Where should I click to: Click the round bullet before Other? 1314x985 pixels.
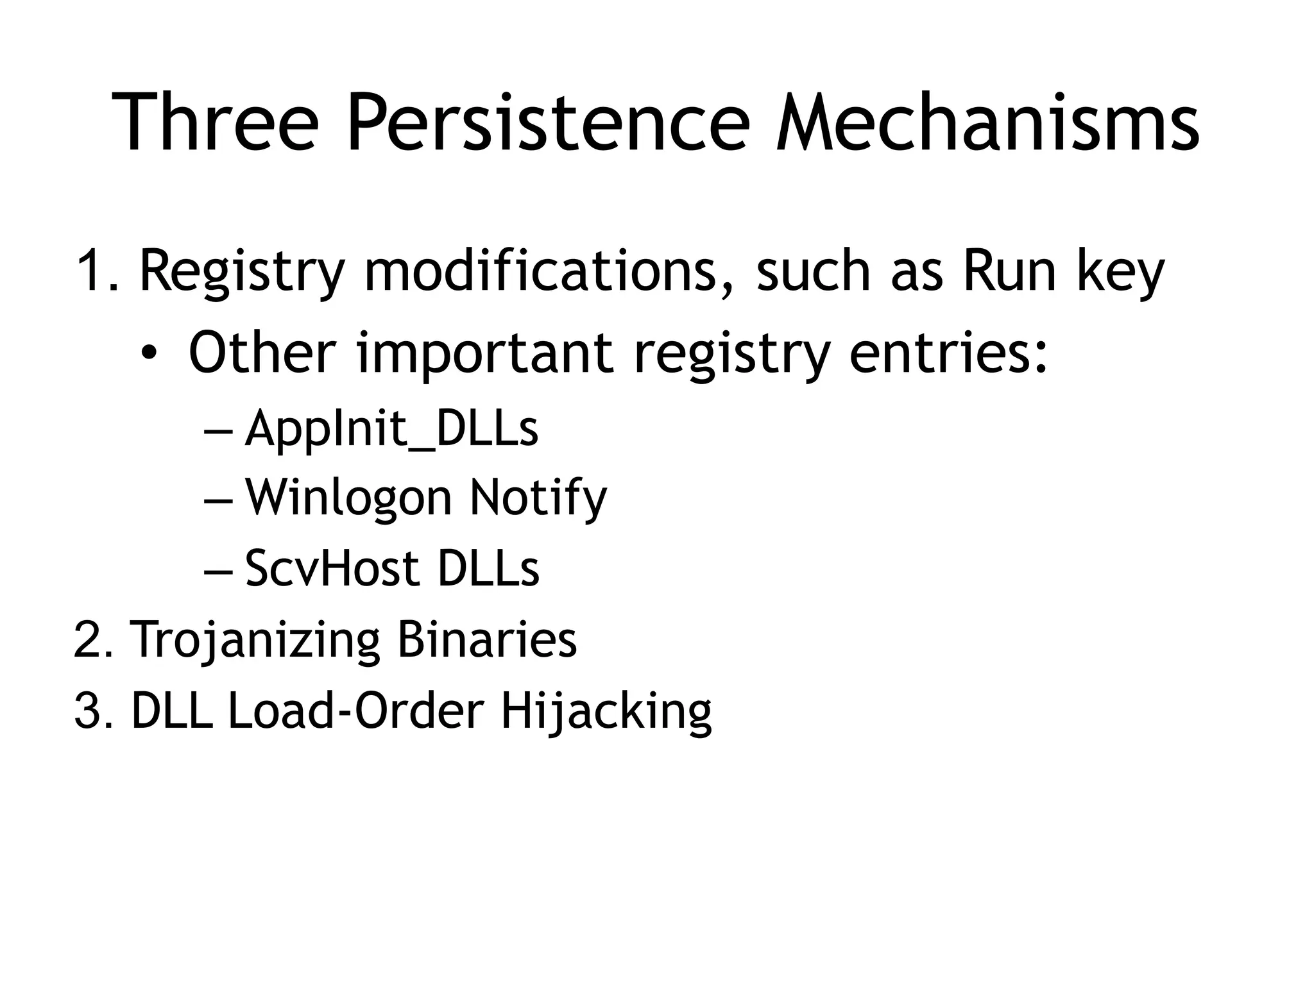[x=149, y=353]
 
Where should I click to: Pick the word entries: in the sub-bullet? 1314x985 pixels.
[x=949, y=353]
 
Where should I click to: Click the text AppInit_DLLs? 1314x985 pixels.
[x=391, y=428]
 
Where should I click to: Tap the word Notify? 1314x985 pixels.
[x=538, y=498]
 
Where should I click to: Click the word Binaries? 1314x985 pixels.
[x=487, y=639]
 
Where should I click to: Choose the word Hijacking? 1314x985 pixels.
[x=606, y=712]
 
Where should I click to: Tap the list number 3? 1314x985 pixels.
[x=90, y=712]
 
